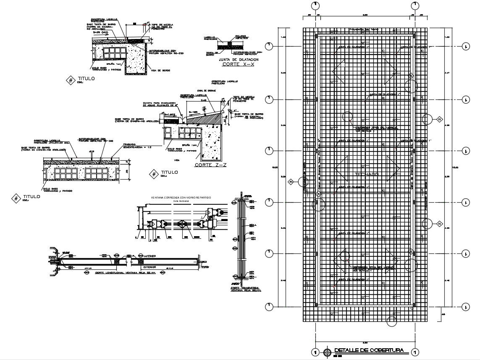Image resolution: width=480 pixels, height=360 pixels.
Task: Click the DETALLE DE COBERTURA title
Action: point(369,350)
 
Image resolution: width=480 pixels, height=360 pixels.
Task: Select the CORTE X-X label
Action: point(239,65)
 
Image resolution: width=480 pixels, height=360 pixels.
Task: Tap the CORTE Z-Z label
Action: point(210,165)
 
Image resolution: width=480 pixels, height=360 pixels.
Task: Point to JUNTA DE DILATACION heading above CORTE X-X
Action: point(239,60)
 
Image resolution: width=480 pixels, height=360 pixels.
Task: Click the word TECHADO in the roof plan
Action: point(366,174)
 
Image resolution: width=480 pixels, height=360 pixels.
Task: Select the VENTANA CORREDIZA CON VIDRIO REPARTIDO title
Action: point(181,197)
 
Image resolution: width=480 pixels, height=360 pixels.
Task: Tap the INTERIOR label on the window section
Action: point(149,256)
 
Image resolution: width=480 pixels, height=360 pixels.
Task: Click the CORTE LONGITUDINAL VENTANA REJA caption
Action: point(119,273)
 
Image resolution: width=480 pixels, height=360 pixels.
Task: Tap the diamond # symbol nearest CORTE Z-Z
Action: point(154,173)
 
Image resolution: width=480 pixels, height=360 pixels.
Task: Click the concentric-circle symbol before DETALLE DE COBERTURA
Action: point(327,352)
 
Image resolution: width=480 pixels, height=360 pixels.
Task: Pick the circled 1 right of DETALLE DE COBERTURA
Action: point(415,352)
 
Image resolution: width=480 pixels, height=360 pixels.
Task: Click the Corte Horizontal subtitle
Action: point(181,201)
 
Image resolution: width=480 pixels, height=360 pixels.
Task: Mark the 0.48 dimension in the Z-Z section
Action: point(203,100)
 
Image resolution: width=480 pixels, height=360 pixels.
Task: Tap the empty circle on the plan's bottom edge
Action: point(392,321)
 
